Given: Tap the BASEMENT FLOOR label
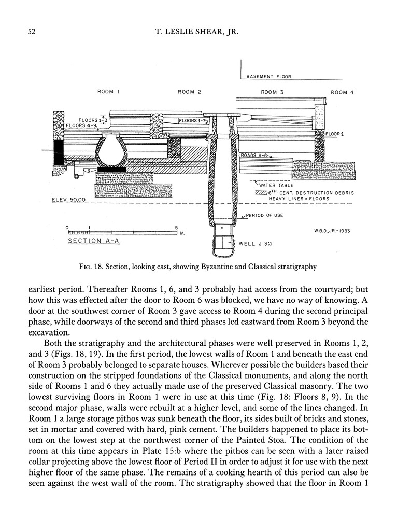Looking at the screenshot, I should coord(268,76).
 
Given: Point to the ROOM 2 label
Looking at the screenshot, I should coord(189,92).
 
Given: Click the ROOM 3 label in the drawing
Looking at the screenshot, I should coord(269,92).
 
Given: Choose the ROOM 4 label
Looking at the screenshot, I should coord(339,92).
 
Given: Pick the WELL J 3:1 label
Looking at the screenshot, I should coord(254,243).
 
